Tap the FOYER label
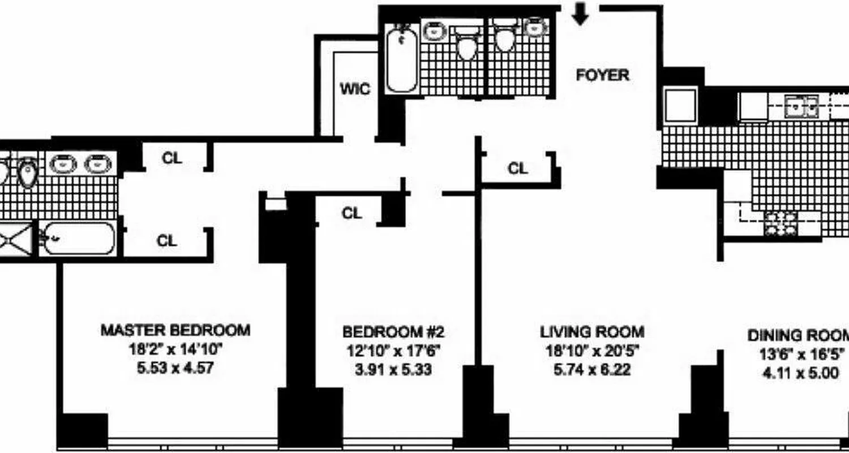[x=602, y=75]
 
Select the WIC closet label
[x=355, y=89]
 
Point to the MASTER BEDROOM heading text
[x=175, y=330]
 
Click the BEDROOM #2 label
[x=397, y=331]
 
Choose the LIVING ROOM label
[x=591, y=331]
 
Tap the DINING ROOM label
[x=798, y=335]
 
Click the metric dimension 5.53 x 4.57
[x=175, y=369]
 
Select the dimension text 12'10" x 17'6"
[x=395, y=351]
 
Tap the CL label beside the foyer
[x=518, y=168]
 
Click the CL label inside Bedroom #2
[x=351, y=213]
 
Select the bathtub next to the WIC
[x=402, y=59]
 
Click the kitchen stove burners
[x=781, y=224]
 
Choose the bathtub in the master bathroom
[x=79, y=238]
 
